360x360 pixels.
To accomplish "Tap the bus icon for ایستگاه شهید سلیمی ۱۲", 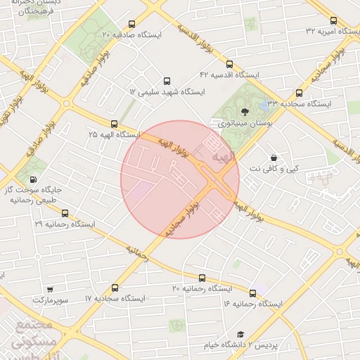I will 167,81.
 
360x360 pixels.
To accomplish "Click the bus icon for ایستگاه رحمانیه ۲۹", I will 65,212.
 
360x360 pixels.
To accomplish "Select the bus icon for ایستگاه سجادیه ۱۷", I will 115,287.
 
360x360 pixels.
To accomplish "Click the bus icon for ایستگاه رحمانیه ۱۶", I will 252,292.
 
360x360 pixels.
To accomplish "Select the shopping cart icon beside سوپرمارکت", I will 50,289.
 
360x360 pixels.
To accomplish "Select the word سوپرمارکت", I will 50,300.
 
